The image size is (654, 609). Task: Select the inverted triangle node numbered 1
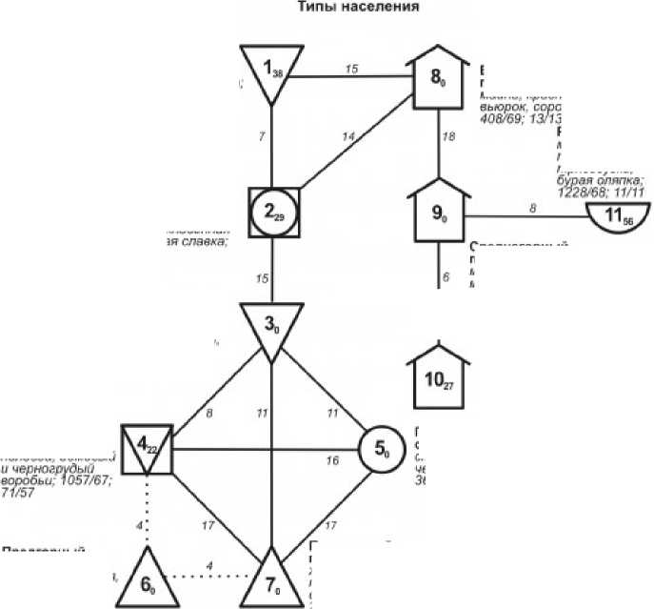(272, 71)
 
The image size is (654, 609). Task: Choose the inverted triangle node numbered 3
(271, 328)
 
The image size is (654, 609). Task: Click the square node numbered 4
(146, 448)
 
